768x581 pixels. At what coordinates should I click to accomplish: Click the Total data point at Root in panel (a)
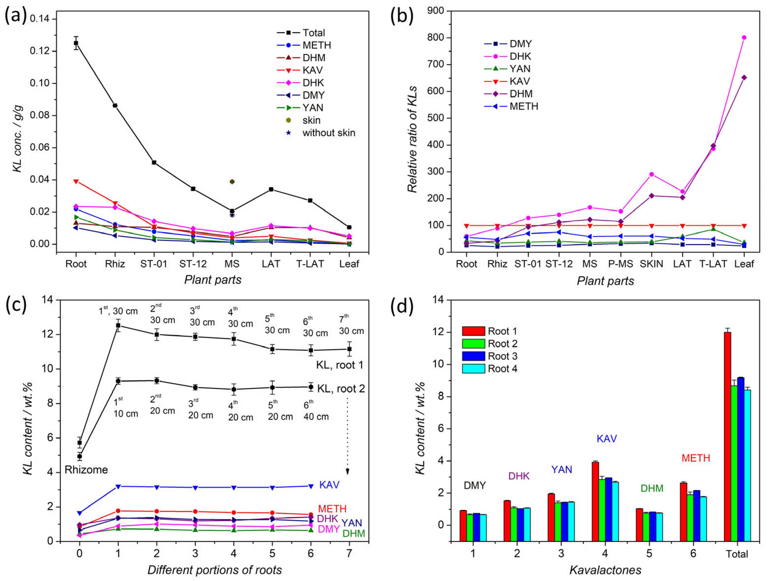point(76,43)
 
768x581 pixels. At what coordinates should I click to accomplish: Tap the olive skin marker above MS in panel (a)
point(232,182)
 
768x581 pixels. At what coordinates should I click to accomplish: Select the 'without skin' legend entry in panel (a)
point(328,133)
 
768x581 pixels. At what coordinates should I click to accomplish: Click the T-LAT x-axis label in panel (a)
point(310,264)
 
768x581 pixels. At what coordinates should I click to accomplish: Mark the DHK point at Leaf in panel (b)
point(744,38)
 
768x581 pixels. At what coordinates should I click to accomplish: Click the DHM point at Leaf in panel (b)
point(744,77)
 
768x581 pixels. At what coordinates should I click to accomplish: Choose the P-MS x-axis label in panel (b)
point(621,264)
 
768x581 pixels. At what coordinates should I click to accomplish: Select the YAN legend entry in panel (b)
point(520,69)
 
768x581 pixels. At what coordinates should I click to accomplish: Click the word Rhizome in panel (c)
point(86,470)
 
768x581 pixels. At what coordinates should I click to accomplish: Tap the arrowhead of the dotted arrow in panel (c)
point(347,471)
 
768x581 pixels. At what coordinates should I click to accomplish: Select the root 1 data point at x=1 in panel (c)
point(118,325)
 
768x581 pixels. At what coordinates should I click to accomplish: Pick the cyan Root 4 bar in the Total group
point(747,465)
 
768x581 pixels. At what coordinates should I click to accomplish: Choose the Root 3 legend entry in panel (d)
point(502,356)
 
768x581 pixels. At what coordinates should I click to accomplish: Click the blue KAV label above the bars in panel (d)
point(607,439)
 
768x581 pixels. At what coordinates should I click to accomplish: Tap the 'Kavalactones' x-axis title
point(605,570)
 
